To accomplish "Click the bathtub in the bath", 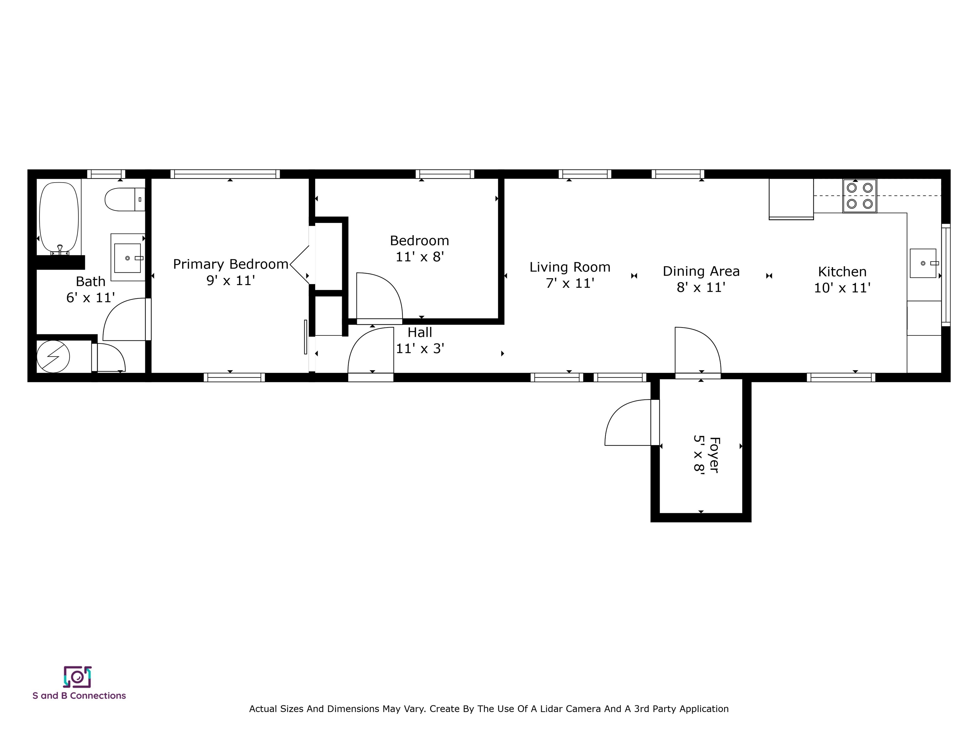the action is (59, 217).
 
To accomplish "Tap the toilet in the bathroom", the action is (125, 199).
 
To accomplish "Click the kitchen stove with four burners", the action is (860, 196).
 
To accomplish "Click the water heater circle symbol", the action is (53, 356).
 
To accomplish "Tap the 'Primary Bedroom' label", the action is (230, 264).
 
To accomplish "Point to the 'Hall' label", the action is (420, 332).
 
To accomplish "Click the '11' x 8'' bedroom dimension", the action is (420, 256).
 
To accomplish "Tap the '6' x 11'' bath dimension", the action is (91, 297).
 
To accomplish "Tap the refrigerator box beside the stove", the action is (791, 199).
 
